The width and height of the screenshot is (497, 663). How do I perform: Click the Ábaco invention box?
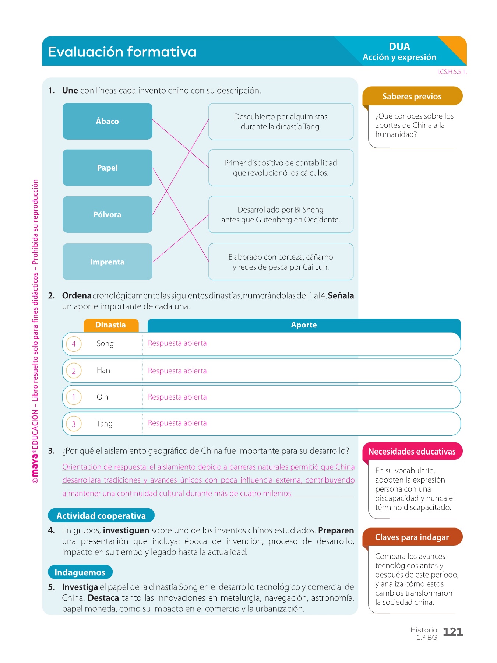[x=107, y=121]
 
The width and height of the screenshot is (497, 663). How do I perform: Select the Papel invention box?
[x=107, y=168]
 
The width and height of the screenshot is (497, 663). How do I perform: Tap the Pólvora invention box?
[x=107, y=214]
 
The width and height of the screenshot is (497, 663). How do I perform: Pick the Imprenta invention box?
[x=107, y=262]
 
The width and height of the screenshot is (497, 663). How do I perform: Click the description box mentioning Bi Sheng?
[x=281, y=214]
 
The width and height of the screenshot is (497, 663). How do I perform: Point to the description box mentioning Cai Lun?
[x=281, y=262]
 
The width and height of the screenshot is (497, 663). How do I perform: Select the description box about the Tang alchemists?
[x=281, y=122]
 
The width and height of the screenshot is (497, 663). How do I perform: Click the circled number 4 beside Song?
[x=74, y=344]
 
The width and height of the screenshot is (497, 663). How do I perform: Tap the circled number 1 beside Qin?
[x=74, y=397]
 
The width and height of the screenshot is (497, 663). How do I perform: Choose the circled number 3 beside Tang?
[x=74, y=424]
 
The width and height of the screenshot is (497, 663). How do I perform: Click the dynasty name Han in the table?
[x=103, y=370]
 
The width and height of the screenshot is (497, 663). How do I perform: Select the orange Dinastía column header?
[x=110, y=325]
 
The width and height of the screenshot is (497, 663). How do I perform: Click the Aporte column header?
[x=304, y=325]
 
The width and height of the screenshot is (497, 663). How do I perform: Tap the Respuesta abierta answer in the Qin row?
[x=177, y=397]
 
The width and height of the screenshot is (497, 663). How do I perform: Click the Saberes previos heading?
[x=412, y=97]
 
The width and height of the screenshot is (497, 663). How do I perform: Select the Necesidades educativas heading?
[x=412, y=452]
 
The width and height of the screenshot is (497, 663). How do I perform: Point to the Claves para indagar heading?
[x=412, y=537]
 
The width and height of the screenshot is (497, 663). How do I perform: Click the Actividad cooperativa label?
[x=101, y=516]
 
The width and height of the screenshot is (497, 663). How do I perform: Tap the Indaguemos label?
[x=80, y=572]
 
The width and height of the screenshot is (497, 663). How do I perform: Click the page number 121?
[x=453, y=632]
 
